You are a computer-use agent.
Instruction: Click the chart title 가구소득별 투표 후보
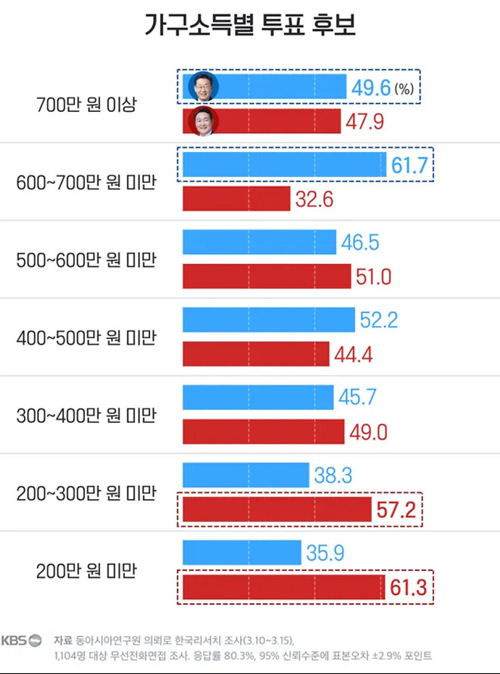pos(249,25)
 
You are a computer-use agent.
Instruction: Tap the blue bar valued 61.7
pos(285,164)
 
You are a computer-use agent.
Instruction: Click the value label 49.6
pos(370,87)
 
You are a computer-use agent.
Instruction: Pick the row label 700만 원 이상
pos(86,104)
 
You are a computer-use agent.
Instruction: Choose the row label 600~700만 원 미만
pos(86,182)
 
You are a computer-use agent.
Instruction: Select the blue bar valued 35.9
pos(242,553)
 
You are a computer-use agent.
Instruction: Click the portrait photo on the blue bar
pos(203,86)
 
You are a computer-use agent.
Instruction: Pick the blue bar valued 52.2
pos(268,320)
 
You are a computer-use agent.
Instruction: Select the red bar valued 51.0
pos(267,277)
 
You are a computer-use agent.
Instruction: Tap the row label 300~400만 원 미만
pos(86,415)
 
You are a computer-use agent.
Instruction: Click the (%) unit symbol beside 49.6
pos(404,89)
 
